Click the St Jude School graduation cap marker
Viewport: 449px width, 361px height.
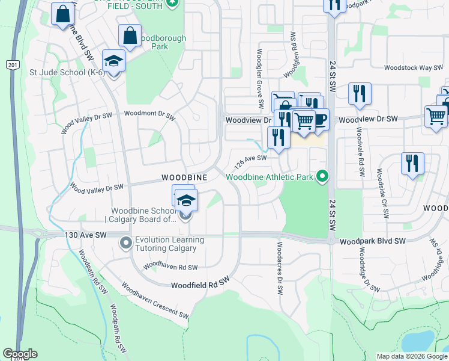coord(113,60)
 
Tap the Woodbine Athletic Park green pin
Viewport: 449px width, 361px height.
coord(323,176)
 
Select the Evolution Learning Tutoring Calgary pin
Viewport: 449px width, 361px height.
coord(126,243)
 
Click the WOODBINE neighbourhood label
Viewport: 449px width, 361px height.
coord(184,177)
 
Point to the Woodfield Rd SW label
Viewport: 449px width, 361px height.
coord(200,285)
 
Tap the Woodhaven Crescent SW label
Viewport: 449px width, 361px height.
coord(155,301)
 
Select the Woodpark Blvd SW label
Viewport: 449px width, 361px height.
coord(373,241)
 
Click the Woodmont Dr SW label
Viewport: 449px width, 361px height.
coord(149,113)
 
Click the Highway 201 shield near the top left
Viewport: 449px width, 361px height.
coord(11,64)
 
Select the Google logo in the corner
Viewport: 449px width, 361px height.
coord(20,354)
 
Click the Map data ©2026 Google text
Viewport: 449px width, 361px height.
coord(411,356)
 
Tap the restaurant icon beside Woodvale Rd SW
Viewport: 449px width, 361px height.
coord(360,93)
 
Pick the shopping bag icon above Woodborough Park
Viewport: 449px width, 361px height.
coord(130,35)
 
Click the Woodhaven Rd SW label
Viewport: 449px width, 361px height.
coord(171,266)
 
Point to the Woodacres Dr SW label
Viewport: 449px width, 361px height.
coord(280,268)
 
